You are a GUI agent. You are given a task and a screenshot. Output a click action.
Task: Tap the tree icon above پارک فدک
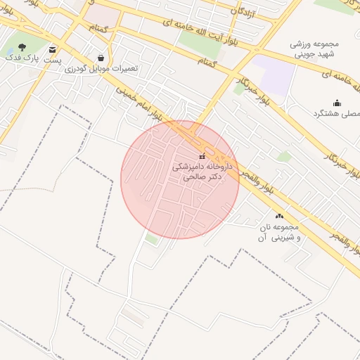pos(22,48)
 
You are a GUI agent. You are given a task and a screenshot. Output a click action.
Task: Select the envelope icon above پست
pos(53,49)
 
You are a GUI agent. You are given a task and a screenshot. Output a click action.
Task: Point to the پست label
pos(53,61)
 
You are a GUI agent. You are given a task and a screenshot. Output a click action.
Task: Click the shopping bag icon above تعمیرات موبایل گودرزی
pos(101,58)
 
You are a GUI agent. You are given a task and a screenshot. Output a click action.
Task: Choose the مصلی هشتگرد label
pos(340,112)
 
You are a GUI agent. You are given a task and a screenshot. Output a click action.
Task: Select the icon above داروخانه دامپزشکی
pos(202,156)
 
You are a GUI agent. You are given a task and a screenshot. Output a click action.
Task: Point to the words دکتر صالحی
pos(202,178)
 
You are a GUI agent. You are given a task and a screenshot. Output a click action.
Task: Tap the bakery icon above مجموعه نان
pos(280,217)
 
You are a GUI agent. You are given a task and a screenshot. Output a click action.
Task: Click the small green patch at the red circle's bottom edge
pos(151,240)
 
